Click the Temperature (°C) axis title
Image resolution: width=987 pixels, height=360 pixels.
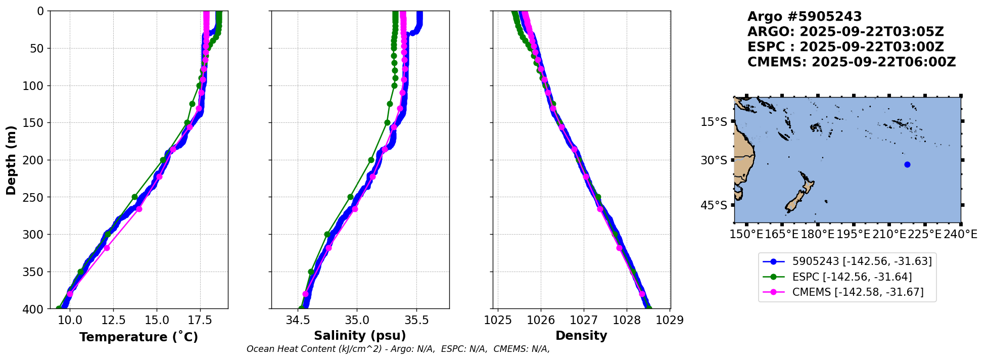point(138,337)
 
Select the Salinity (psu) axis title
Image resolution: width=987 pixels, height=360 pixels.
point(360,336)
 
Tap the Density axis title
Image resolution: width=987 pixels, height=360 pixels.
point(581,336)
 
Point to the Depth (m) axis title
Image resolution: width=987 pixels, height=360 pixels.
point(11,160)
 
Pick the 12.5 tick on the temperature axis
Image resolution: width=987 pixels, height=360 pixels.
point(113,320)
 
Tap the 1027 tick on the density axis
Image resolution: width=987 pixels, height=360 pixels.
point(584,320)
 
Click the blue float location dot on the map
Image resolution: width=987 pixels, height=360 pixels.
point(907,164)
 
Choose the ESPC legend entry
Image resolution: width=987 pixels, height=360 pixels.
point(852,277)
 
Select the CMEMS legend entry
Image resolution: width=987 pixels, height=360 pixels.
point(857,292)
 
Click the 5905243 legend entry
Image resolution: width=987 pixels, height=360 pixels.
point(861,261)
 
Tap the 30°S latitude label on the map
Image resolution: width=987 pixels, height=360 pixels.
point(714,160)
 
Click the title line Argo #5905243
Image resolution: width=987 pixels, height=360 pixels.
point(805,17)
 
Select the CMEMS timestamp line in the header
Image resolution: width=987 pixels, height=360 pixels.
point(851,62)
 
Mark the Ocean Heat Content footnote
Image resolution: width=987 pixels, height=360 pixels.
point(398,349)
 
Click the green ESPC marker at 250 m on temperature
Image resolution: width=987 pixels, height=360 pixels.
point(134,197)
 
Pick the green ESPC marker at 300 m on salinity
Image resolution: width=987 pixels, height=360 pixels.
point(327,234)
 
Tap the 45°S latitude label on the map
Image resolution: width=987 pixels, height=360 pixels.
point(714,205)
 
